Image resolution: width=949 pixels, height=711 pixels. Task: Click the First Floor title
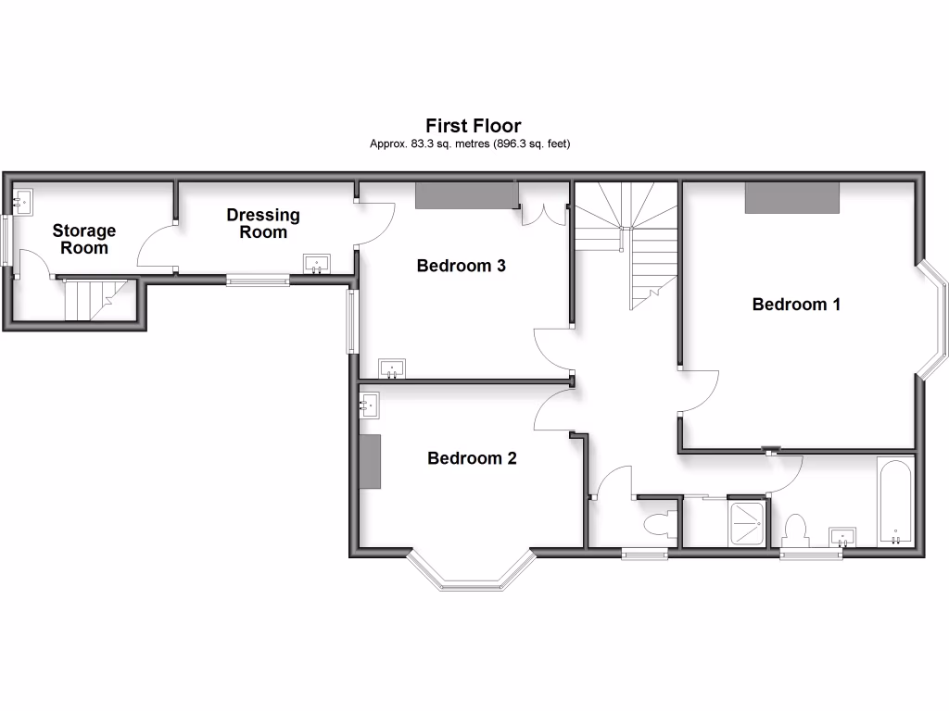[473, 125]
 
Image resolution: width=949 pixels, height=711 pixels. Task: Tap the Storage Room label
[83, 239]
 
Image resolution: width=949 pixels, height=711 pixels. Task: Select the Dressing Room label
[263, 223]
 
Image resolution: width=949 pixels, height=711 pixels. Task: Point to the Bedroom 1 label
[796, 304]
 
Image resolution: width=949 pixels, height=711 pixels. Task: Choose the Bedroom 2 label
[472, 458]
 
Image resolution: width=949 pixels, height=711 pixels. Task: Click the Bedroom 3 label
[461, 266]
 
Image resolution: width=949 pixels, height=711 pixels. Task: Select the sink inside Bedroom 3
[394, 368]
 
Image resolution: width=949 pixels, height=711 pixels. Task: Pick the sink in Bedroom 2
[369, 403]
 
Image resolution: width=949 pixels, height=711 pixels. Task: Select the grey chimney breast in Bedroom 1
[792, 197]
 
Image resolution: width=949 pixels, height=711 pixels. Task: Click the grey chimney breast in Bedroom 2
[372, 460]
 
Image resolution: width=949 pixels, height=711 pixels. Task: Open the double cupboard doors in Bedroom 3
[542, 213]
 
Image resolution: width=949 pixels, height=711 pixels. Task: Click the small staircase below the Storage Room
[90, 298]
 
